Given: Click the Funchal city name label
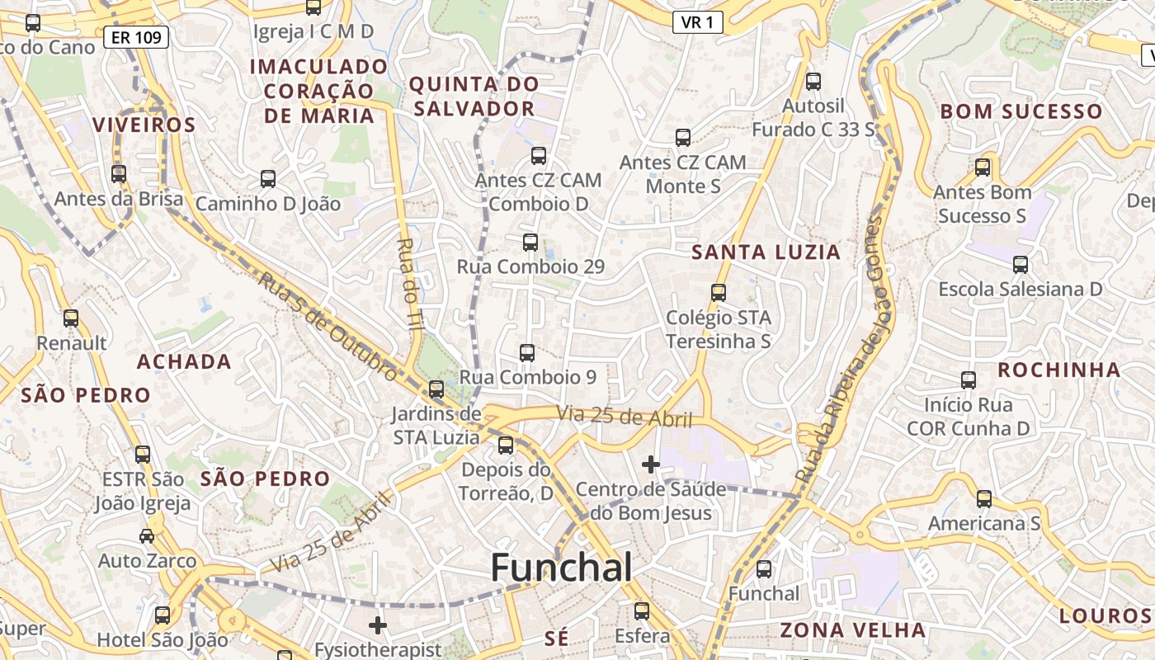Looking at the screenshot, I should (x=562, y=568).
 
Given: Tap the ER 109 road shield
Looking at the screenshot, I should (x=137, y=36).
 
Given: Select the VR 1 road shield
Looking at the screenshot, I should (x=697, y=22).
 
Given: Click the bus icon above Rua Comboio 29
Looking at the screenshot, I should (x=530, y=243).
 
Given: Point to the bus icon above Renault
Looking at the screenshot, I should (x=71, y=318).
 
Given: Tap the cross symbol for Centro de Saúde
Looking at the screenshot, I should (x=651, y=464).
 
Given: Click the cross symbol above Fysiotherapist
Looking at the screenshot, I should (x=378, y=625).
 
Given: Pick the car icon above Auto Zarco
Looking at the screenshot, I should (x=147, y=536).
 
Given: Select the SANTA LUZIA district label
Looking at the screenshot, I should (x=766, y=252).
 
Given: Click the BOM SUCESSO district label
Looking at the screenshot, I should (x=1021, y=111).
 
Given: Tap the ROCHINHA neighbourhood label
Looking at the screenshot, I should (x=1058, y=370).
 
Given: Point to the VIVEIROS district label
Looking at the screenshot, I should (x=144, y=125).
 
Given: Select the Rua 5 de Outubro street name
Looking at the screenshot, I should (x=327, y=324).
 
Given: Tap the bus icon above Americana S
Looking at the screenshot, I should (x=984, y=499).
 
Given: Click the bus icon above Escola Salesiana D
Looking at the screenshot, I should (x=1021, y=265).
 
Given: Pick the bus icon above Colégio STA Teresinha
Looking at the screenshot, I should (x=719, y=293).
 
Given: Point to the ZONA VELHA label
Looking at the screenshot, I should (x=853, y=630).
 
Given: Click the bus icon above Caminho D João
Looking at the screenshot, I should (x=268, y=179).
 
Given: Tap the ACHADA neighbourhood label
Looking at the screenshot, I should (x=184, y=361).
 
